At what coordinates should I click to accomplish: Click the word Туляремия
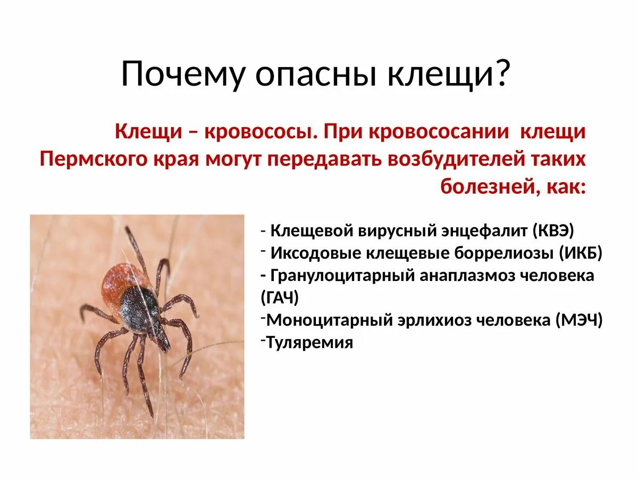tap(309, 342)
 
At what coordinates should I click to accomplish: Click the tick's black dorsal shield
tap(139, 308)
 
